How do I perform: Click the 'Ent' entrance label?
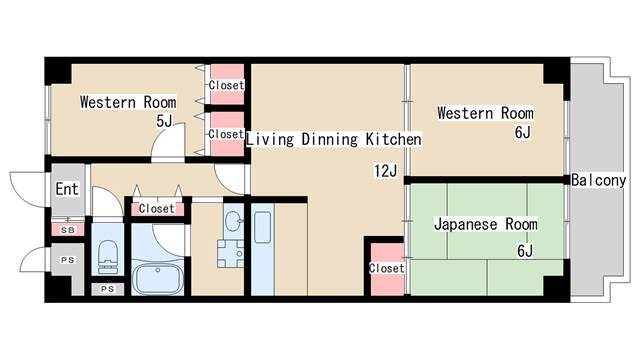pos(66,189)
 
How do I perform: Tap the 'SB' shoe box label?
pos(67,231)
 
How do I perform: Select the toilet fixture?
pos(107,257)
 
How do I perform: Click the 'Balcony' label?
pos(599,181)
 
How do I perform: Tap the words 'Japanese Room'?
pos(486,225)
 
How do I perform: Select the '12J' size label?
pos(386,171)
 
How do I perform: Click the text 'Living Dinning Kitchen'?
pos(334,139)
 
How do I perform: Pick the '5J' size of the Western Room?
pos(165,121)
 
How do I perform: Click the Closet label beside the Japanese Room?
pos(386,269)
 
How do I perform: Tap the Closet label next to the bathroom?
pos(156,209)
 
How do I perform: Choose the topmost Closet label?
pos(226,86)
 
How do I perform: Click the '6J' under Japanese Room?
pos(525,251)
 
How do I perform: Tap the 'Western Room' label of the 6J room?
pos(485,113)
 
